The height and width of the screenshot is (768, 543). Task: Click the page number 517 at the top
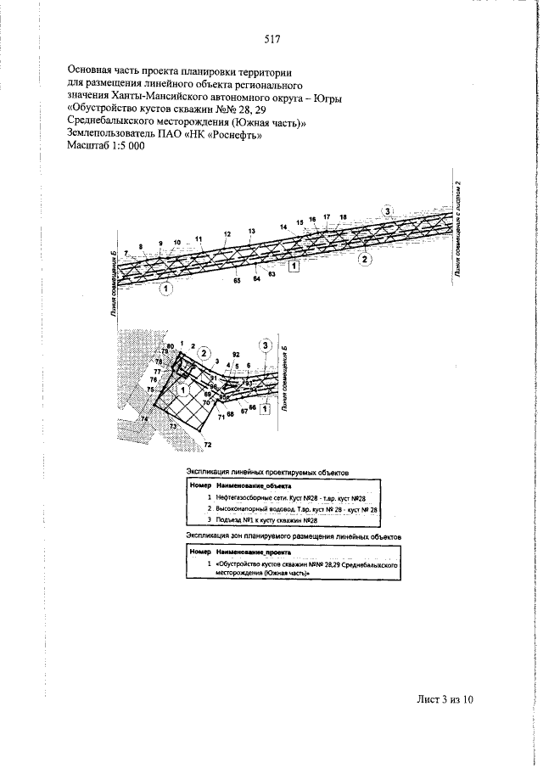click(271, 39)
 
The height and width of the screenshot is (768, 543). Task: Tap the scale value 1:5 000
click(123, 146)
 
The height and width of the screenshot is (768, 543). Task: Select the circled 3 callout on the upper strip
click(388, 210)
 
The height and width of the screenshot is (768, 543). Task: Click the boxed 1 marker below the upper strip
click(294, 266)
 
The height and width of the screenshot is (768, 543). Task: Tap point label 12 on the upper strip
click(227, 233)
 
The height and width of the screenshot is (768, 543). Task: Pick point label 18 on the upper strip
click(343, 218)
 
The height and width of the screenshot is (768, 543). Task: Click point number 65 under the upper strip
click(237, 279)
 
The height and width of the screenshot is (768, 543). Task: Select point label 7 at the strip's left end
click(125, 254)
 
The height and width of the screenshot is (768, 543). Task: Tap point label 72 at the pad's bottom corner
click(207, 445)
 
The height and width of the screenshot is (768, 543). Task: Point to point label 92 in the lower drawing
click(236, 354)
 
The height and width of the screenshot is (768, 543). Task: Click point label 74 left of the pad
click(144, 419)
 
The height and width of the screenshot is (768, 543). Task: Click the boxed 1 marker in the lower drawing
click(265, 408)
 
